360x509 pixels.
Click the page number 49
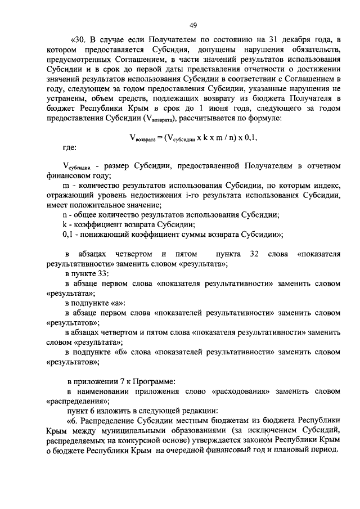tap(193, 25)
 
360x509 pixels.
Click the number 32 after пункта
tap(254, 254)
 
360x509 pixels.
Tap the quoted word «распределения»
tap(78, 402)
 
